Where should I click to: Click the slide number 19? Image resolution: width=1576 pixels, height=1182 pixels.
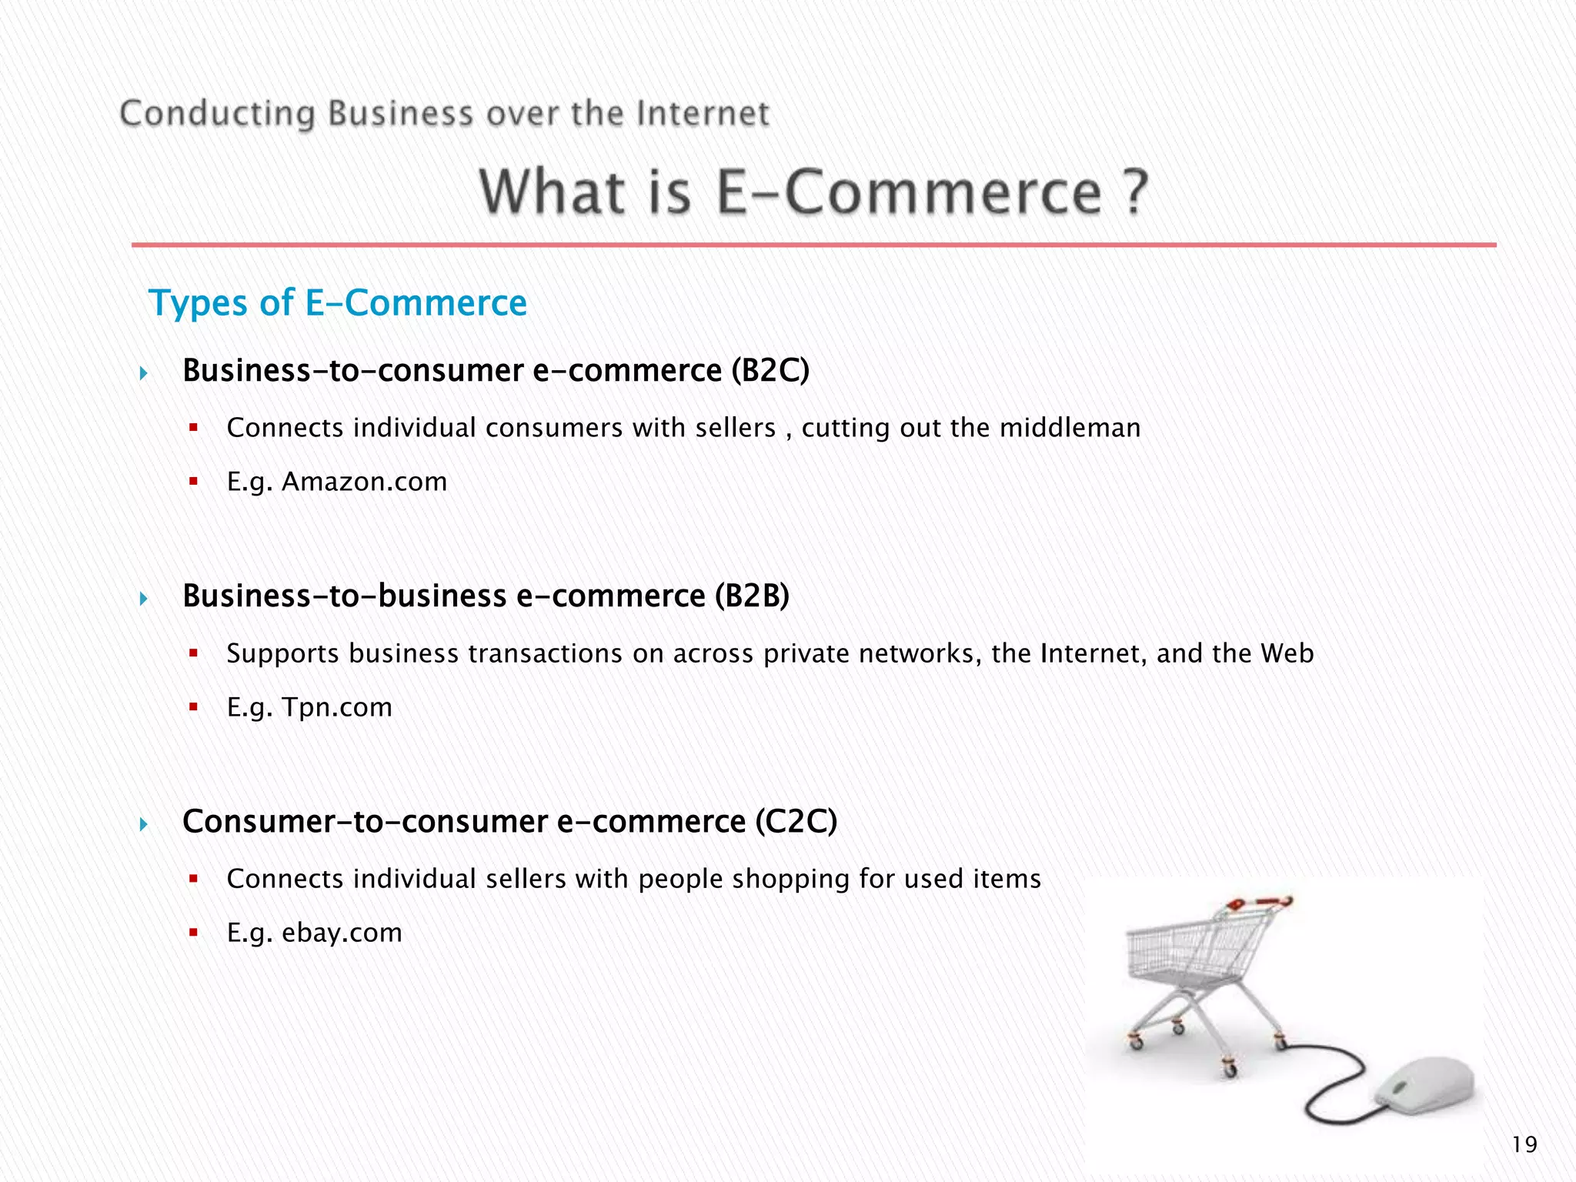tap(1524, 1144)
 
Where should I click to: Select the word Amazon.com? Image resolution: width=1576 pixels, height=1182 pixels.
tap(364, 482)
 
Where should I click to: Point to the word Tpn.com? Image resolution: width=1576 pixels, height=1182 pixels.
tap(337, 707)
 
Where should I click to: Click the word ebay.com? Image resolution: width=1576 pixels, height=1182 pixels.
tap(342, 933)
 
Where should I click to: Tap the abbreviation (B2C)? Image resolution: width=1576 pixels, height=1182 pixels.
tap(770, 371)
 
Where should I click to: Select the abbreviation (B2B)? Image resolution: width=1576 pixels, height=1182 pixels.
tap(751, 596)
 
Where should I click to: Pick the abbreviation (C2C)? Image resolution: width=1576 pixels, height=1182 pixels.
tap(796, 822)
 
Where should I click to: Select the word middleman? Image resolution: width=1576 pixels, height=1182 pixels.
tap(1070, 428)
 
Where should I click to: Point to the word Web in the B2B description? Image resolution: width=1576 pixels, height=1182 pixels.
tap(1287, 653)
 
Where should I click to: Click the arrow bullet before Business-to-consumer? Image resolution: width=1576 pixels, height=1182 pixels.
tap(144, 374)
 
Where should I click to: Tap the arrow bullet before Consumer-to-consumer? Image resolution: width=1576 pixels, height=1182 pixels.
tap(144, 825)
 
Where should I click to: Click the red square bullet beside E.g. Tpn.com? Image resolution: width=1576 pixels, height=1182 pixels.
tap(194, 707)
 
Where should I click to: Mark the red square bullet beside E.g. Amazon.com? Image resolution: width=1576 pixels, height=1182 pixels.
tap(194, 482)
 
